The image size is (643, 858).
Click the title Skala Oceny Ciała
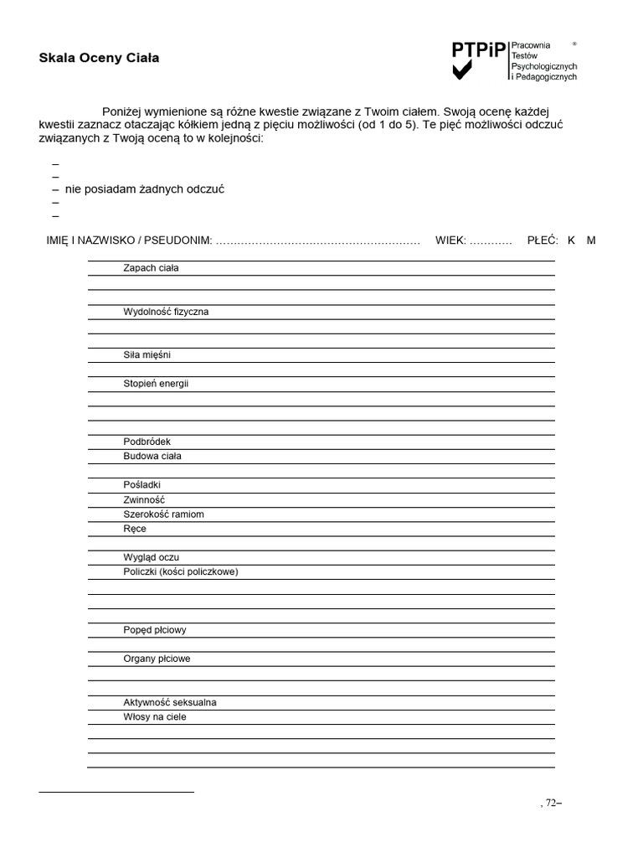[x=99, y=58]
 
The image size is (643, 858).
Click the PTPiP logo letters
[x=479, y=51]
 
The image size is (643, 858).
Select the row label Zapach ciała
[x=151, y=268]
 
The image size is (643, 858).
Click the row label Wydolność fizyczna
[x=166, y=312]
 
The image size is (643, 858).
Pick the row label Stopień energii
[x=156, y=384]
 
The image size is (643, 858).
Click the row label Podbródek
[x=147, y=442]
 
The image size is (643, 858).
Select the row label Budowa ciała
[x=152, y=456]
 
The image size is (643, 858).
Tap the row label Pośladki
[x=141, y=485]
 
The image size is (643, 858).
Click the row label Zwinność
[x=144, y=499]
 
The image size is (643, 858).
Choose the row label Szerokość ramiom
[x=163, y=514]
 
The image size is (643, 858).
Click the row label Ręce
[x=134, y=529]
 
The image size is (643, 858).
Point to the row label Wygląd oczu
[x=151, y=557]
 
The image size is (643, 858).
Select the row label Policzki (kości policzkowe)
[x=180, y=571]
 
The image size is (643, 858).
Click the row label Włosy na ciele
[x=155, y=716]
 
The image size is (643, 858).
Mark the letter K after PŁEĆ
[x=571, y=240]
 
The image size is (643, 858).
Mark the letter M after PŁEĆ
[x=591, y=240]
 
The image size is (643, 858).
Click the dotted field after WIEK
[x=491, y=241]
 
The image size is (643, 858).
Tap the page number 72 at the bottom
[x=550, y=803]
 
